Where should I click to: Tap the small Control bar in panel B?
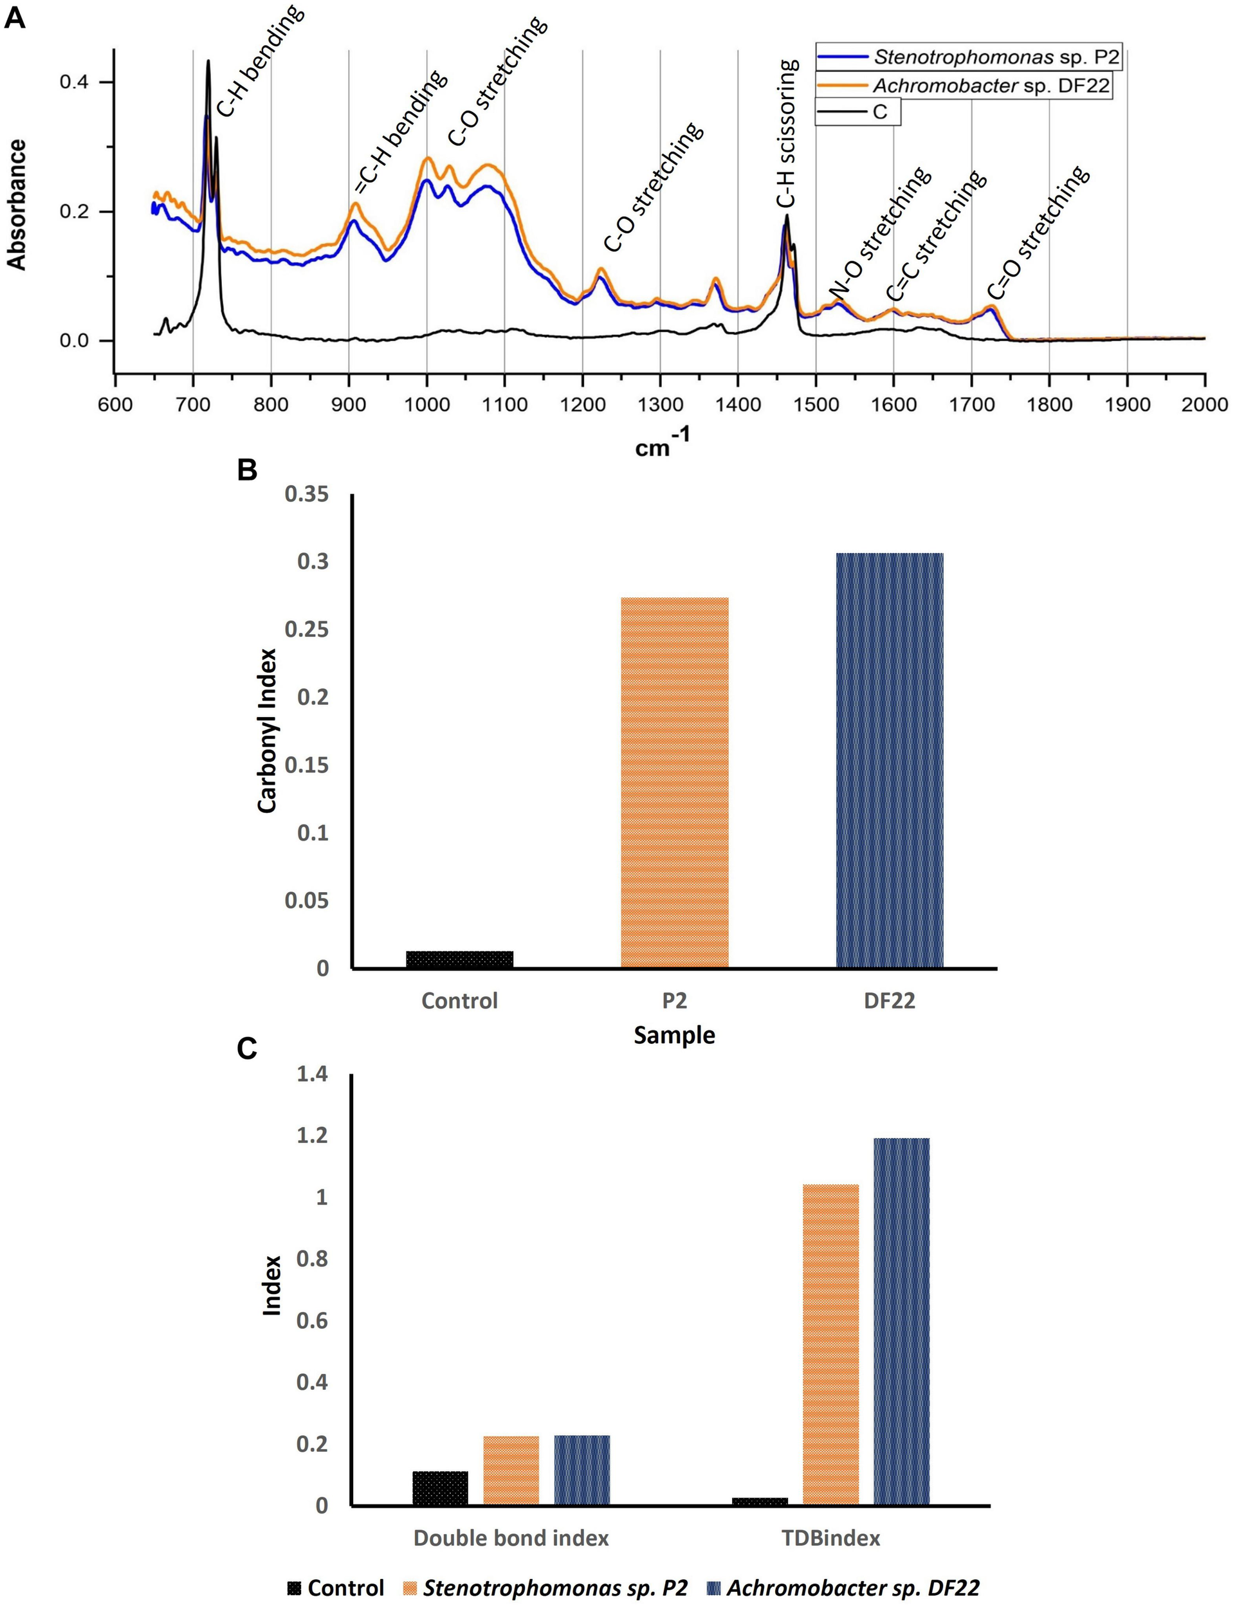[x=459, y=958]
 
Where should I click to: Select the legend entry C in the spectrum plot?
[x=880, y=112]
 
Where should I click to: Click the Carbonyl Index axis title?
[x=268, y=731]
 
